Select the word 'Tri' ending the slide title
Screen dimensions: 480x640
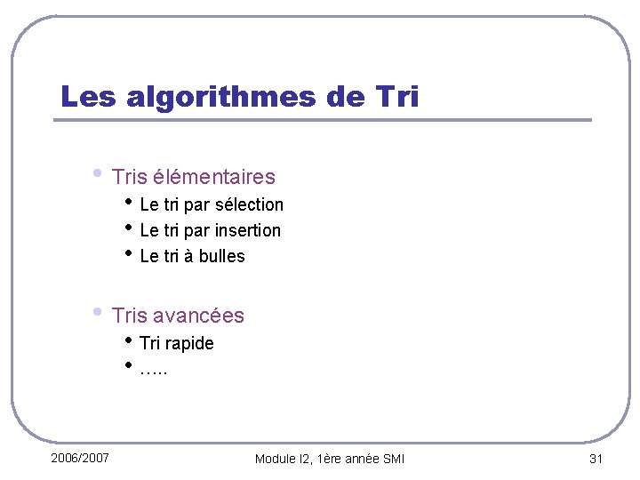pos(391,96)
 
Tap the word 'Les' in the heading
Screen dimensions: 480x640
pos(87,96)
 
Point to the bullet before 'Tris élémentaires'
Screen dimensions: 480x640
pos(97,173)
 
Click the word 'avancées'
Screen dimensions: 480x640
pos(198,316)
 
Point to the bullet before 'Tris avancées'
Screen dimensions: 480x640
pos(97,312)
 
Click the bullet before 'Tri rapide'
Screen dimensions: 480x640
pos(129,340)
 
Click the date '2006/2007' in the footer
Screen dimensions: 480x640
pos(80,458)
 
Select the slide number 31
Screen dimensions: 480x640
pos(596,459)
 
